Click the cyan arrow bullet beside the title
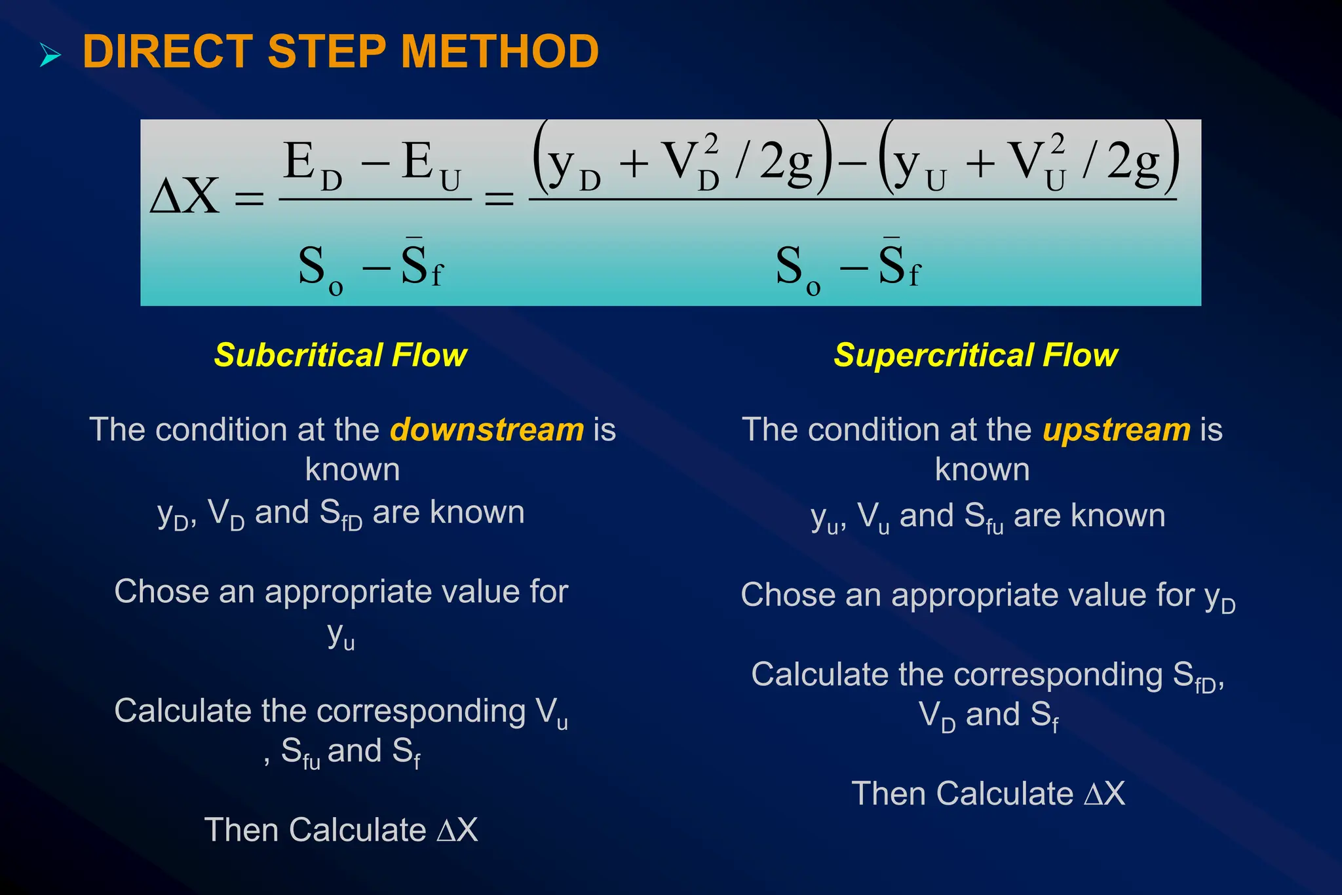(50, 54)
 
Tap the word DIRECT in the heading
(168, 52)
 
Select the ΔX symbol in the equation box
(184, 196)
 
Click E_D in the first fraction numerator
(312, 165)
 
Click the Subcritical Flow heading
(340, 355)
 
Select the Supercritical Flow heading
(975, 355)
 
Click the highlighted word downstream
(486, 430)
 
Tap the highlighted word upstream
(1117, 430)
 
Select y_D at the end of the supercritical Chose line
(1219, 598)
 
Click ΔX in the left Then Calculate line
(457, 830)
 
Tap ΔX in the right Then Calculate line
(1104, 793)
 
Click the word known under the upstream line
(982, 470)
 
